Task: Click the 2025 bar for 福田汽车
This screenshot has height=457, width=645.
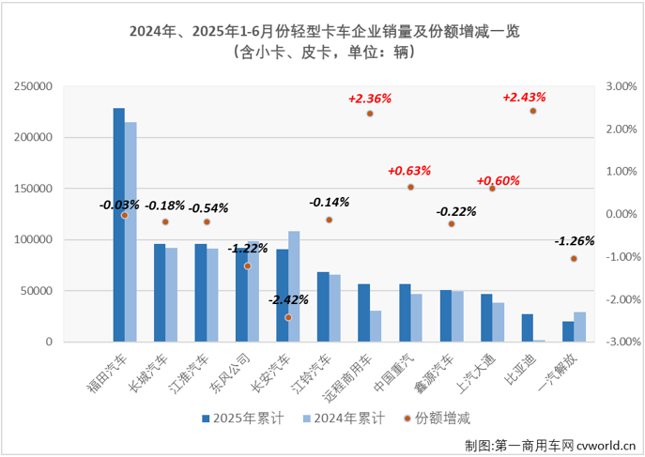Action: (119, 225)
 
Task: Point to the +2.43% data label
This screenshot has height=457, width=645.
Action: (524, 97)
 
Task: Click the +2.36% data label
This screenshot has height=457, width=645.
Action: (369, 98)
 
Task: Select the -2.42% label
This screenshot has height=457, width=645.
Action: (289, 299)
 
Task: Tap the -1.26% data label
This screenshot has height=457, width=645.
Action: (574, 240)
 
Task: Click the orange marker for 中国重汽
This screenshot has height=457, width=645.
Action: (410, 188)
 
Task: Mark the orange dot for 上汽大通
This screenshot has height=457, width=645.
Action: (492, 189)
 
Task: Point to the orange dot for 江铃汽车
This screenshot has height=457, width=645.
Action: (330, 220)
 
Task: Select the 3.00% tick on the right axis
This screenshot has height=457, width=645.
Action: (621, 86)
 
